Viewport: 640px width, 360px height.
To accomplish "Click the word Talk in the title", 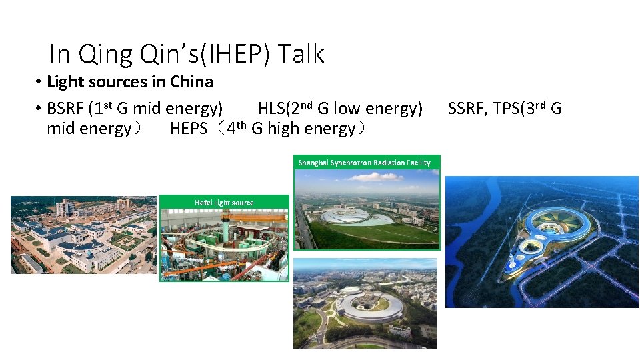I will [x=301, y=53].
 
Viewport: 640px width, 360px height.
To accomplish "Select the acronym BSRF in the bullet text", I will [x=65, y=108].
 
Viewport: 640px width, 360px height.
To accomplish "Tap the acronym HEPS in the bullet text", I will [x=189, y=129].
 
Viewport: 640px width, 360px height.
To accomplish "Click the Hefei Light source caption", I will [x=224, y=202].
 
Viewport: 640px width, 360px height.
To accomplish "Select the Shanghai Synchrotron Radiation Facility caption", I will [x=365, y=163].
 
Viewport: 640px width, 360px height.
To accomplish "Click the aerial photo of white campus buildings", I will [x=83, y=235].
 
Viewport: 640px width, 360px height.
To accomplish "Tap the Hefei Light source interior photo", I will [x=224, y=243].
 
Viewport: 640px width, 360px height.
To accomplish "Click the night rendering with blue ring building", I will [x=541, y=241].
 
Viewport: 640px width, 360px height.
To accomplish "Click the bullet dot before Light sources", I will [x=40, y=83].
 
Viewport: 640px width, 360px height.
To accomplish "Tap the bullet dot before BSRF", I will [x=40, y=109].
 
